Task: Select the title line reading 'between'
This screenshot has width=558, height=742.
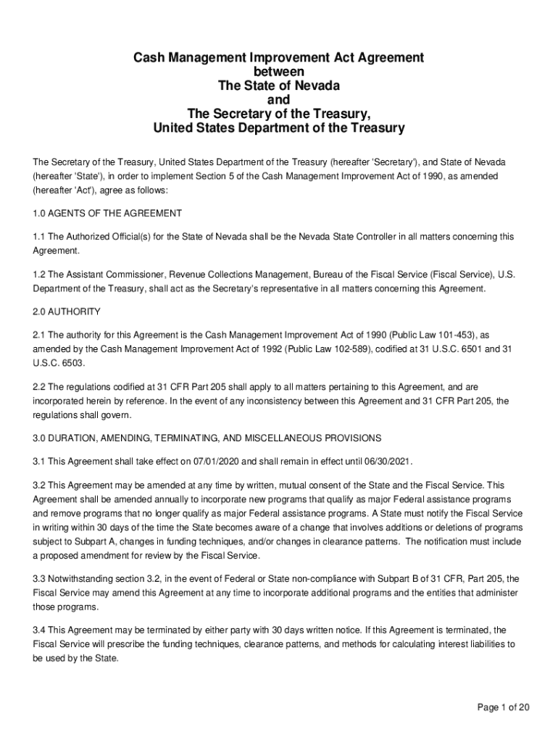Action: (x=279, y=72)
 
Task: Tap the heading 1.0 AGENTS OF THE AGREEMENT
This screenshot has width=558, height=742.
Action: (x=107, y=214)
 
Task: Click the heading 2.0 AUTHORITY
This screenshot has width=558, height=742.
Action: (x=67, y=312)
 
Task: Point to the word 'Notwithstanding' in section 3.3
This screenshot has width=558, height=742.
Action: (x=82, y=579)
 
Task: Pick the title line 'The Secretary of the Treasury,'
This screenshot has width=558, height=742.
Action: (x=279, y=114)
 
